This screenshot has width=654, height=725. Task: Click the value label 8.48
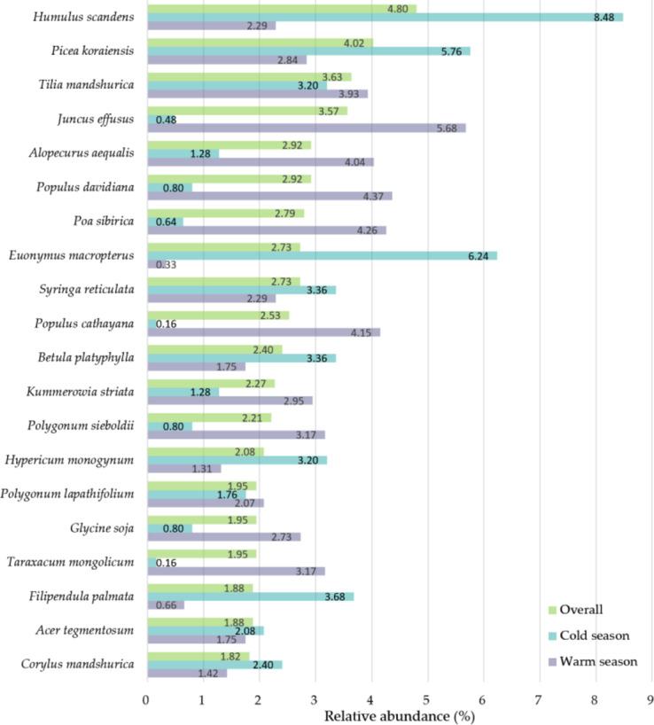(606, 17)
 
